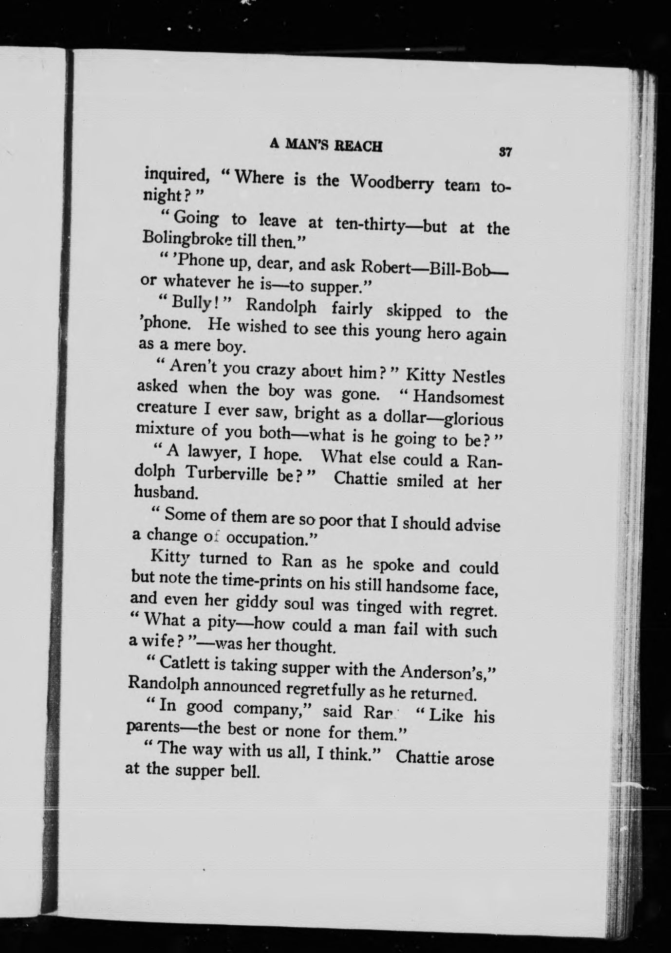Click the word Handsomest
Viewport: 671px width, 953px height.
(x=458, y=398)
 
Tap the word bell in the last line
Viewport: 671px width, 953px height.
(x=242, y=771)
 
